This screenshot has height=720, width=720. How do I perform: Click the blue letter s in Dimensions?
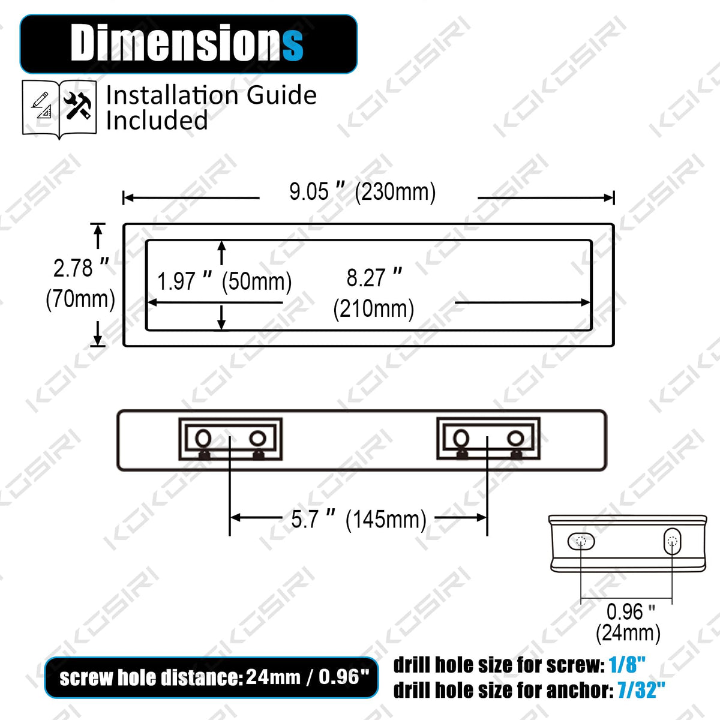(293, 46)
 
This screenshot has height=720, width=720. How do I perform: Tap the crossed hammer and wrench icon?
(77, 106)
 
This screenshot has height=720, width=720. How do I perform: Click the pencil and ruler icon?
(41, 106)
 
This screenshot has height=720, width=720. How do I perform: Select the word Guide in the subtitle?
(281, 95)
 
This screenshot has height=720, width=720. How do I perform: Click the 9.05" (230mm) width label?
(362, 192)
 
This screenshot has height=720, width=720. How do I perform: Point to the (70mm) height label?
(80, 299)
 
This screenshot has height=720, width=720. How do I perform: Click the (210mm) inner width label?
(374, 309)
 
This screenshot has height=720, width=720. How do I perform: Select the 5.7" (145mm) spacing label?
(359, 519)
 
